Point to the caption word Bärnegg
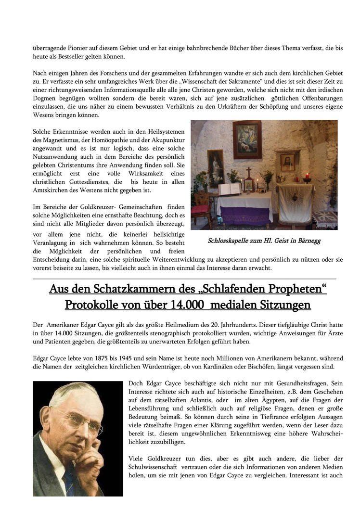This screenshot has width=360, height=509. pyautogui.click(x=309, y=241)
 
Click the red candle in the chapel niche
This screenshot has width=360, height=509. pyautogui.click(x=307, y=177)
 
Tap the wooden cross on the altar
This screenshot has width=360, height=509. pyautogui.click(x=249, y=173)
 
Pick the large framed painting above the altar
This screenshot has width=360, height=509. pyautogui.click(x=247, y=140)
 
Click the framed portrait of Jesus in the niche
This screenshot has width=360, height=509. pyautogui.click(x=288, y=163)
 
